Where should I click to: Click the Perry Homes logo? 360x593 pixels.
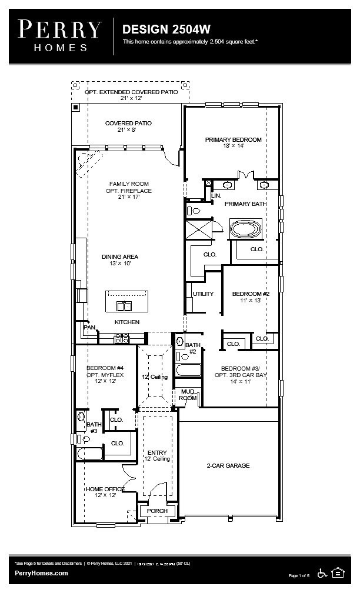(59, 35)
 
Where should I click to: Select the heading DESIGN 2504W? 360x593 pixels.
(166, 29)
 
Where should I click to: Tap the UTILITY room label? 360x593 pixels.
(203, 294)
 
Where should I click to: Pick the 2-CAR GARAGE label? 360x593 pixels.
(228, 465)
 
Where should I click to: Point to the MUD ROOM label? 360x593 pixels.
(187, 395)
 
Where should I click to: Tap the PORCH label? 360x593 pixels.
(157, 511)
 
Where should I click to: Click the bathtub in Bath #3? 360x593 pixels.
(89, 454)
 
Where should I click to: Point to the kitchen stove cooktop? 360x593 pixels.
(121, 338)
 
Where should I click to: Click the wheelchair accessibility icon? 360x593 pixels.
(322, 572)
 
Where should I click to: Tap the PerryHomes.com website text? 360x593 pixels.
(41, 573)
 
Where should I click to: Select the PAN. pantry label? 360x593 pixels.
(89, 327)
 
